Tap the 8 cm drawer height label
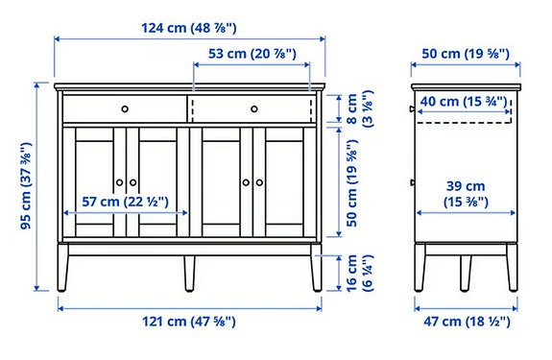coord(352,108)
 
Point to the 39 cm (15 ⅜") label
coord(466,193)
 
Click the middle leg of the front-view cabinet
coord(189,273)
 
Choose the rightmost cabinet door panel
coord(286,182)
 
